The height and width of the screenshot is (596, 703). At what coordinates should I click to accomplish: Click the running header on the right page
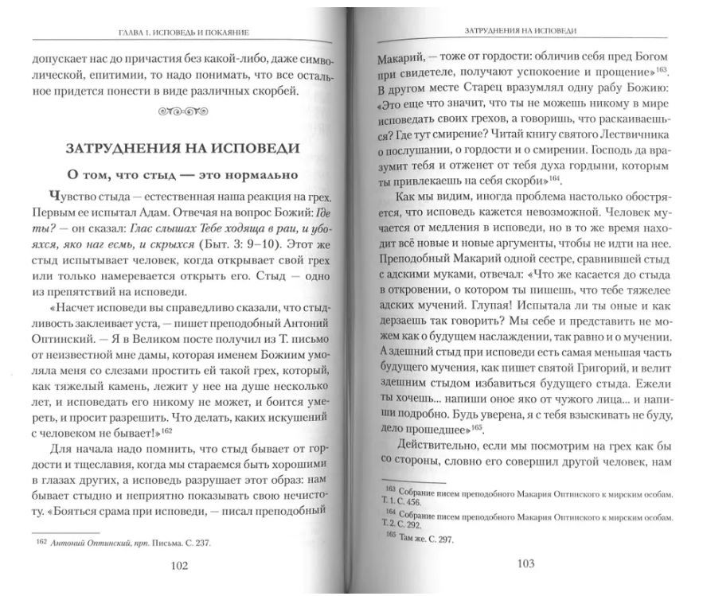pos(521,31)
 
